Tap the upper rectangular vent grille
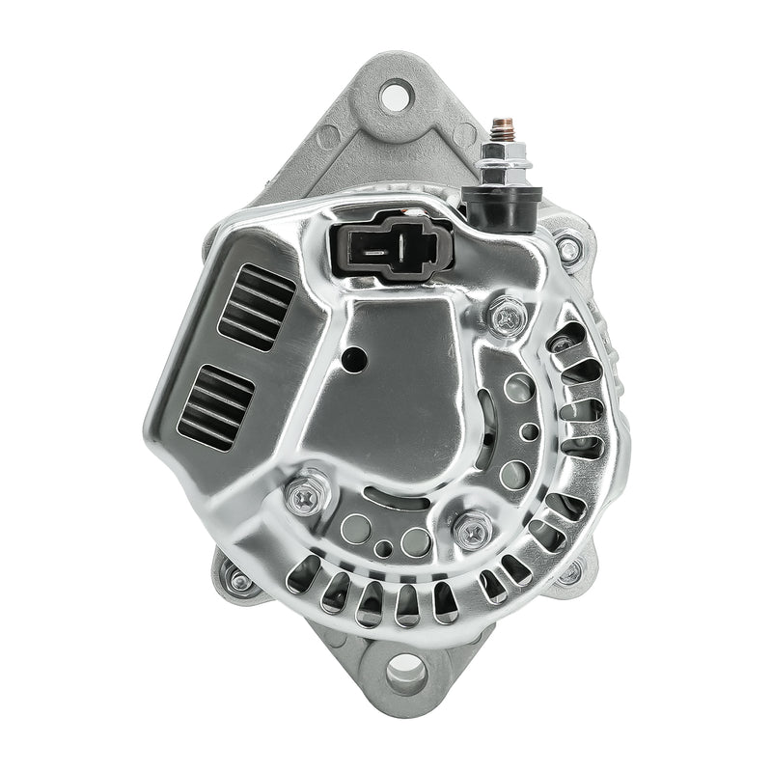click(256, 305)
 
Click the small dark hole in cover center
click(354, 360)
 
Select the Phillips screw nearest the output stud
click(508, 315)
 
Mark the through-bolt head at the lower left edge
click(237, 581)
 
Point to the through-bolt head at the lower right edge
click(569, 573)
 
